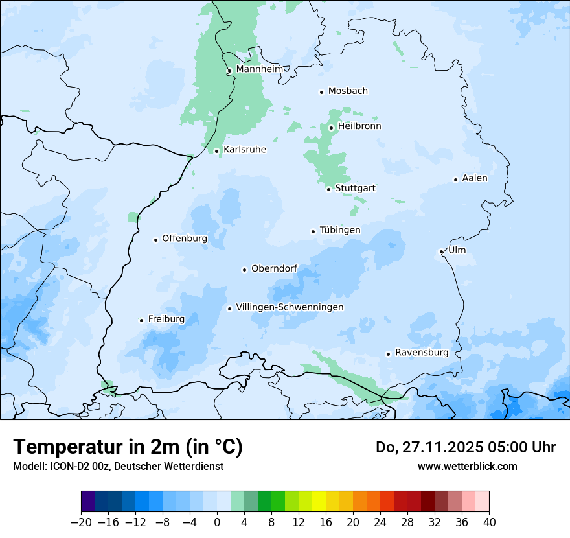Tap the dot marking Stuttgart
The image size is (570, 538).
[328, 189]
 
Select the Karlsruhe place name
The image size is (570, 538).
[245, 150]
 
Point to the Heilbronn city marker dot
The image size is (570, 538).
[331, 128]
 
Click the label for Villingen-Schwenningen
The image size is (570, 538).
[290, 307]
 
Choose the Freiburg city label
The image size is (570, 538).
[166, 319]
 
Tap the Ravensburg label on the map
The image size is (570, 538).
[421, 353]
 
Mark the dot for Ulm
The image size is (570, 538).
[441, 251]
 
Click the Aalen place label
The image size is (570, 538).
[475, 178]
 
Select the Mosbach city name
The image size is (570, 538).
[348, 91]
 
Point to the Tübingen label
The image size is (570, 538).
[340, 230]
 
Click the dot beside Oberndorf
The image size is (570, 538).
[244, 270]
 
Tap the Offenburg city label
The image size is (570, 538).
[185, 239]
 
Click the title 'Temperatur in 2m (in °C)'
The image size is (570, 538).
[128, 447]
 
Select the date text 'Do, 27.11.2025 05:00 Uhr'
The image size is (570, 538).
[466, 447]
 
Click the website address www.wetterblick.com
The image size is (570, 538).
[467, 466]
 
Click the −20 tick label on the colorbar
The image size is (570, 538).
[81, 522]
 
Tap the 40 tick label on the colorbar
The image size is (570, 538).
[489, 522]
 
